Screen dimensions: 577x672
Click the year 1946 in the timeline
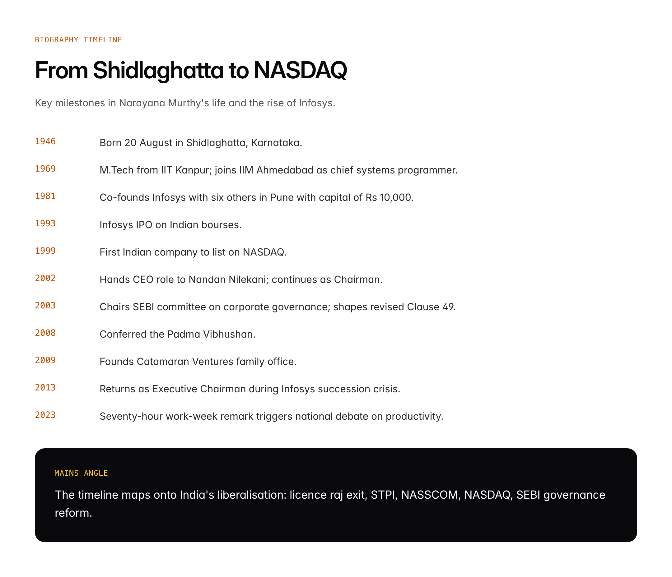click(x=45, y=141)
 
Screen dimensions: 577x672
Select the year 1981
click(x=45, y=196)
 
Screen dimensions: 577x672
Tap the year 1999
click(x=45, y=251)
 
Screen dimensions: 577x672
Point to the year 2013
click(x=45, y=388)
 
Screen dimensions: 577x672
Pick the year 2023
click(x=45, y=415)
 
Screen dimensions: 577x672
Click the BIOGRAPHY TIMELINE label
click(x=78, y=39)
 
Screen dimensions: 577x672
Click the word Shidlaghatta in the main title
click(x=158, y=70)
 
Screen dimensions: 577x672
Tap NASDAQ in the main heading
click(x=300, y=70)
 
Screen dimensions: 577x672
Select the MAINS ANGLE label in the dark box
click(x=81, y=473)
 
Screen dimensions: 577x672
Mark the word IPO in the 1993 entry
click(x=144, y=225)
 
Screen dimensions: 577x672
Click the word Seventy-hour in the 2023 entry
click(x=131, y=416)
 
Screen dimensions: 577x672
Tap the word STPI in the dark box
click(x=383, y=495)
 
